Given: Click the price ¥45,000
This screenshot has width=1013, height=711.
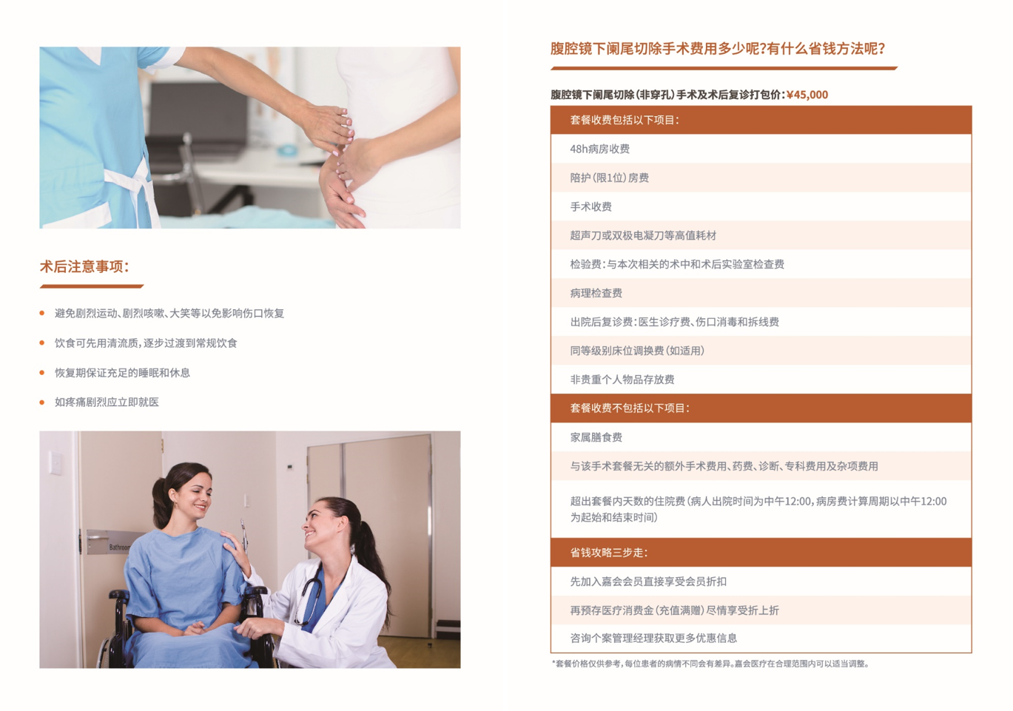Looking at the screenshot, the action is pyautogui.click(x=807, y=95).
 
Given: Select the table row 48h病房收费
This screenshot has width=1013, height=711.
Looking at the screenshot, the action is pyautogui.click(x=761, y=149).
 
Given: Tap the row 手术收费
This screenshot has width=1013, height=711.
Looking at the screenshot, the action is pyautogui.click(x=761, y=206).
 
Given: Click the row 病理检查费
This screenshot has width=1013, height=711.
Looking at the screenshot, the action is pyautogui.click(x=761, y=293).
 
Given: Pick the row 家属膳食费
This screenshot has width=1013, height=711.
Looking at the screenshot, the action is pyautogui.click(x=761, y=437).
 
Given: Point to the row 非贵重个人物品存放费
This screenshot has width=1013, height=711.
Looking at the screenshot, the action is pyautogui.click(x=761, y=380).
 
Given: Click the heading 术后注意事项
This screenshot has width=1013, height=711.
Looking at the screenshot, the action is pyautogui.click(x=84, y=266).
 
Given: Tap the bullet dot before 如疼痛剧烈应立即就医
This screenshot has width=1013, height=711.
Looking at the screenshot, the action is pyautogui.click(x=42, y=402).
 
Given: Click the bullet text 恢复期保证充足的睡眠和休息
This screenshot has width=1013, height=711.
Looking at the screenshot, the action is pyautogui.click(x=122, y=373).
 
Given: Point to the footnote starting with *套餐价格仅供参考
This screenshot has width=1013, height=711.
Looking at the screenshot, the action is pyautogui.click(x=710, y=664).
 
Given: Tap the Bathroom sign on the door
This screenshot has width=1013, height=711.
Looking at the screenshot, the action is pyautogui.click(x=109, y=542).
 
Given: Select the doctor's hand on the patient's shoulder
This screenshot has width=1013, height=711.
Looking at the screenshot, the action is pyautogui.click(x=235, y=550).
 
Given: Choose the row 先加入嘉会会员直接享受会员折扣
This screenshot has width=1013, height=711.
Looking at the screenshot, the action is pyautogui.click(x=761, y=582).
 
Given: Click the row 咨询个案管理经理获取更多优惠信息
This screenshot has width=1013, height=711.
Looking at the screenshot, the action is pyautogui.click(x=761, y=638).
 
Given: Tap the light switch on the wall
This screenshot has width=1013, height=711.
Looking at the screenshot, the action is pyautogui.click(x=55, y=463).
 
